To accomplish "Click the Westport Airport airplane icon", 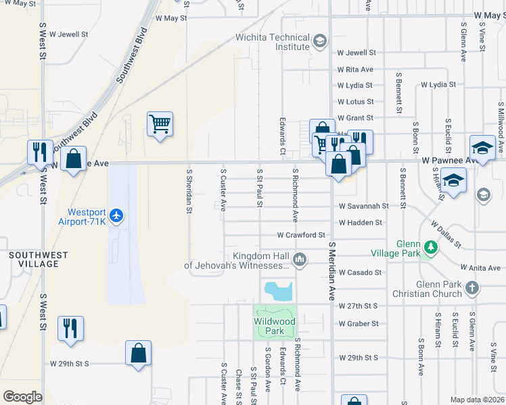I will coord(117,215).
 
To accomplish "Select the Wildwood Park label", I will coord(275,326).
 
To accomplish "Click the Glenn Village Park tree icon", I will coord(429,248).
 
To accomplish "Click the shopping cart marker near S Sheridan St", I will coord(160,124).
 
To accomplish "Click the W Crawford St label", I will coord(302,235).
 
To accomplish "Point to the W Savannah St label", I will coord(363,205).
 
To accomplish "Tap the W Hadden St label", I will coord(360,222).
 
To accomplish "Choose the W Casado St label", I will coord(360,272).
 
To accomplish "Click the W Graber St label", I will coord(359,323).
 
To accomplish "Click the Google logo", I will coord(22,396).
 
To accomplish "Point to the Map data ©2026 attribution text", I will coord(476,400).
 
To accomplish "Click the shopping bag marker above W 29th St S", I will coord(138,353).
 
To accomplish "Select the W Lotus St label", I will coord(356,101).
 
